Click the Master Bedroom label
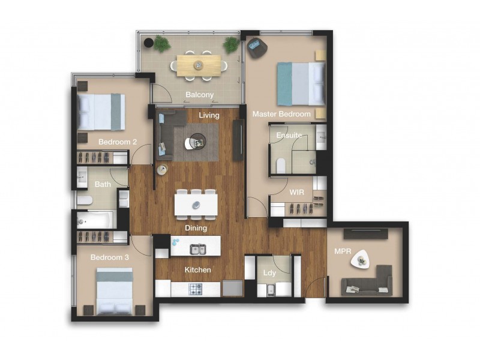coord(281,114)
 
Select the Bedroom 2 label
coord(118,142)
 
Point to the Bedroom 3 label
coord(110,257)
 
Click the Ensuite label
coord(289,136)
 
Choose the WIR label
coord(297,192)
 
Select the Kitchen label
coord(197,270)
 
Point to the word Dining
coord(196,228)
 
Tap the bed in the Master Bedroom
coord(300,83)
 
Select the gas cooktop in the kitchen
coord(196,289)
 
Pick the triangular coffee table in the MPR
coord(362,258)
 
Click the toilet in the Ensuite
coord(280,164)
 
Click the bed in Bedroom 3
coord(115,290)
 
